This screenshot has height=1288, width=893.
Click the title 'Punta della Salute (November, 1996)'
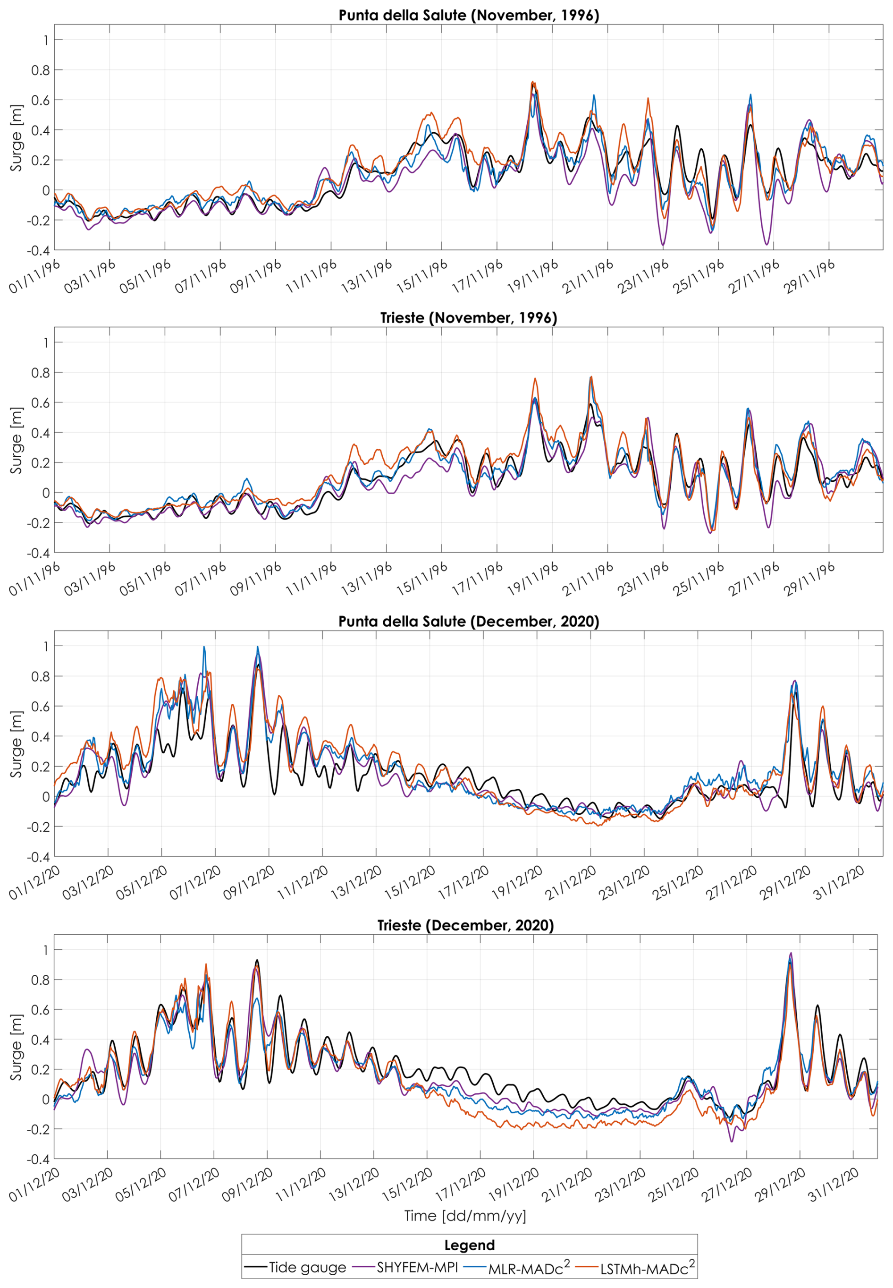pos(469,15)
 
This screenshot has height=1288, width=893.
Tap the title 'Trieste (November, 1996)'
pos(469,318)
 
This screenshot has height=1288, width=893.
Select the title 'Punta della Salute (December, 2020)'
pos(469,622)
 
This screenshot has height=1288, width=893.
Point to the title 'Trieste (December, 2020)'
pos(465,925)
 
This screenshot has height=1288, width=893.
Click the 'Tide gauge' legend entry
pos(295,1267)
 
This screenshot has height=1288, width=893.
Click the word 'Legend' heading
pos(470,1245)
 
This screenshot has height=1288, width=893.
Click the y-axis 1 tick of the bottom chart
pos(45,950)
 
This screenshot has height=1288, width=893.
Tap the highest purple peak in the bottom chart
pos(791,953)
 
